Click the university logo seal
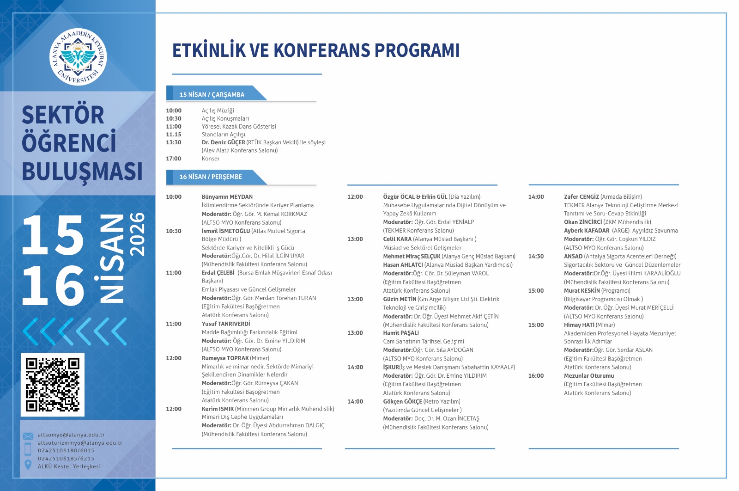pos(78,57)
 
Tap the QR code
pos(53,385)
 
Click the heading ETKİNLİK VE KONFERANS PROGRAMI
pos(315,50)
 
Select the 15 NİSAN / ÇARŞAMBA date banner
pos(212,94)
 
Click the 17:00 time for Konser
pos(174,159)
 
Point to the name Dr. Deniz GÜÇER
pos(224,142)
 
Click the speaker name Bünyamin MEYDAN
pos(227,197)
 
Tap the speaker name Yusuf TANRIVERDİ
pos(226,324)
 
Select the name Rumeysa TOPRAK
pos(225,358)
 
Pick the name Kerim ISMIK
pos(218,409)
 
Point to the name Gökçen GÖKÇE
pos(403,402)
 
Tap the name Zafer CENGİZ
pos(582,197)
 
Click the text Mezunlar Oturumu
pos(589,376)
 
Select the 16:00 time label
pos(536,376)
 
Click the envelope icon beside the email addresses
pos(28,436)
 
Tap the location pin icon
pos(28,465)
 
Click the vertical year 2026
pos(137,234)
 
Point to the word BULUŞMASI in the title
pos(82,172)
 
